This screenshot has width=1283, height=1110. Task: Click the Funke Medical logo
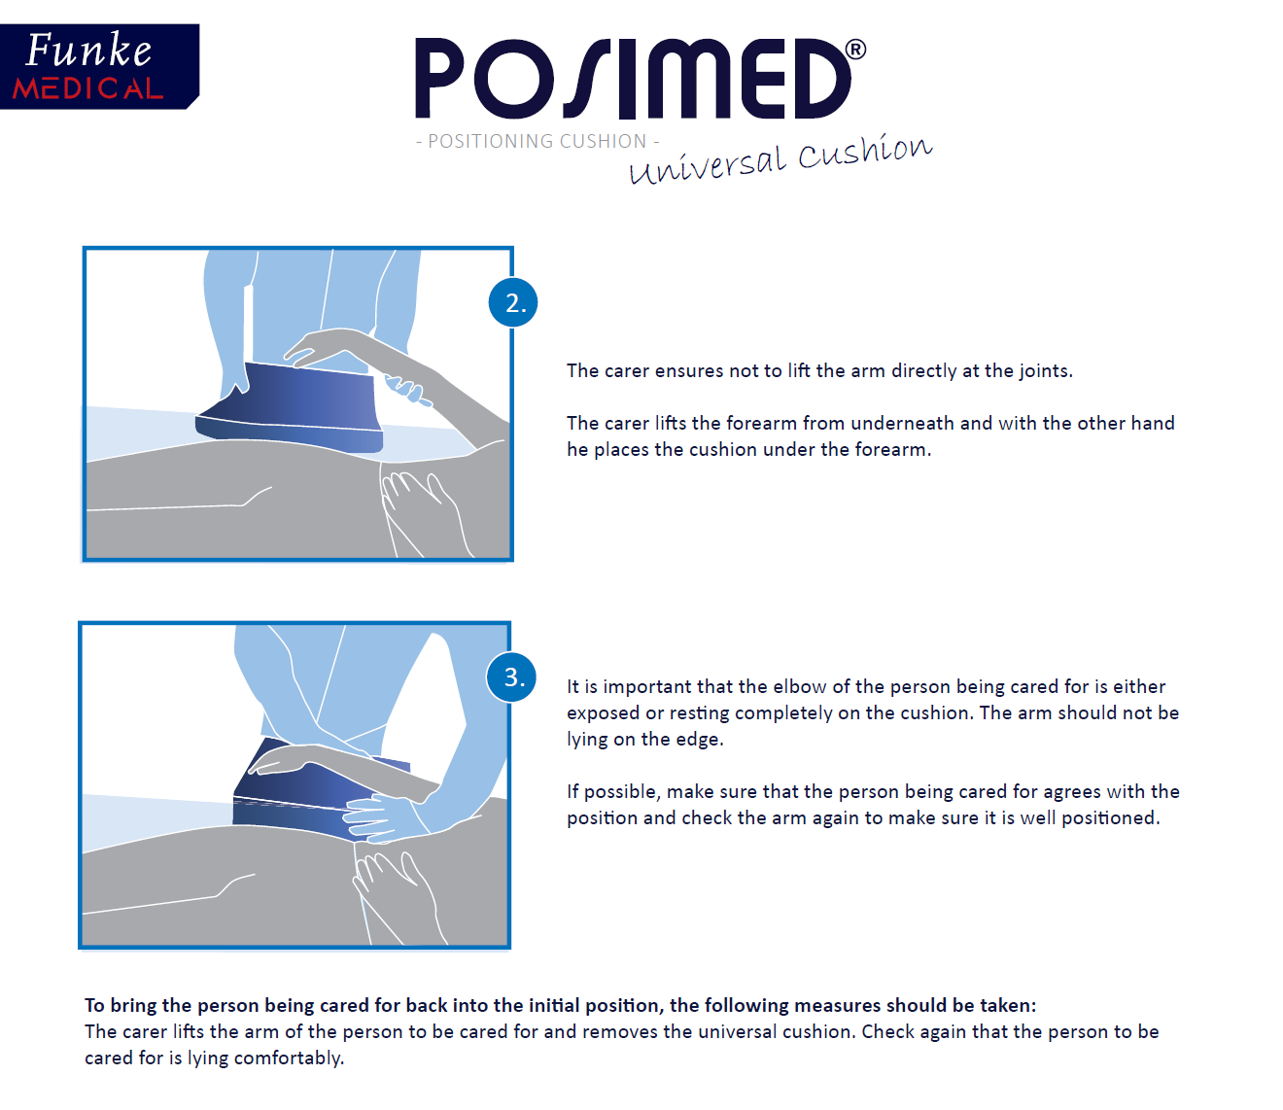(x=99, y=66)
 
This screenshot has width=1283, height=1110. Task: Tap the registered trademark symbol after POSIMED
(x=855, y=49)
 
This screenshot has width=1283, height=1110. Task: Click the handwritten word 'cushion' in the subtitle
(x=865, y=152)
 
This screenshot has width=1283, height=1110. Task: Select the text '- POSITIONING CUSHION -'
(x=537, y=142)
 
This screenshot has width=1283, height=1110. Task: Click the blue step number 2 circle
(x=512, y=303)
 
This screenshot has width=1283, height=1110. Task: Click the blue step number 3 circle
(x=511, y=677)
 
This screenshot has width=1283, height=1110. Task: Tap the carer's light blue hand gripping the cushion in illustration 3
(x=380, y=818)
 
